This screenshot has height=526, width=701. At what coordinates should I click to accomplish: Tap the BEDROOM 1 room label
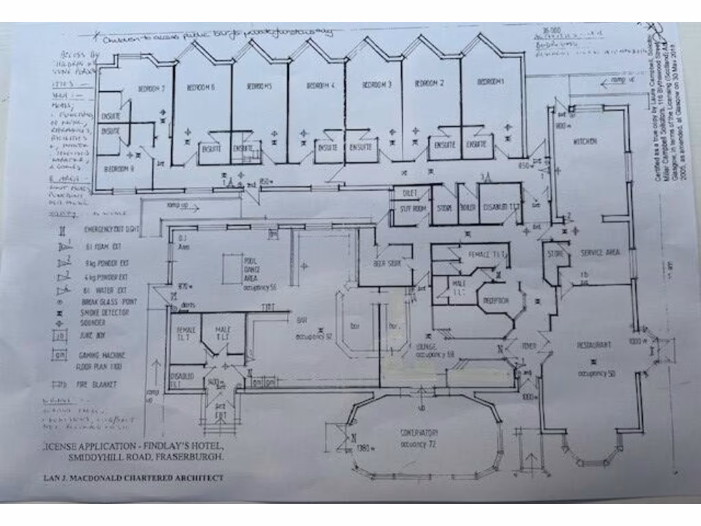click(490, 82)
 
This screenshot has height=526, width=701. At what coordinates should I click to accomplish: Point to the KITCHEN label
click(585, 141)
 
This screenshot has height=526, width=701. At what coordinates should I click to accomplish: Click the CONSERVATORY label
click(419, 433)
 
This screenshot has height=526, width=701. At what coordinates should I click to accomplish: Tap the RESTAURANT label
click(593, 344)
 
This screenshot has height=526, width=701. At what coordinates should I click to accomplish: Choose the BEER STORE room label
click(385, 263)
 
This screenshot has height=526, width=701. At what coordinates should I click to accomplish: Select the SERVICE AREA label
click(600, 253)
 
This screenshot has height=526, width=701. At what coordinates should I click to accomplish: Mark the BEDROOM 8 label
click(118, 168)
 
